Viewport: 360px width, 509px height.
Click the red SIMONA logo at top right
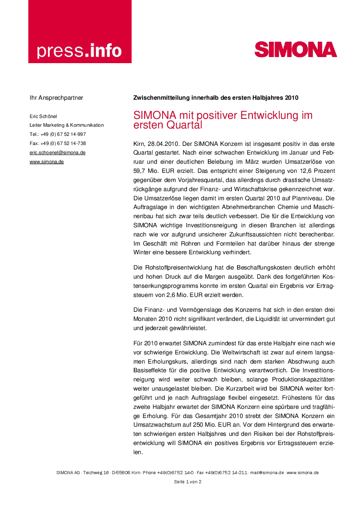[x=295, y=49]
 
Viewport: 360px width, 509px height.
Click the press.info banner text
[x=79, y=51]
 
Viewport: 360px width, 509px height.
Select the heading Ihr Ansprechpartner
[x=56, y=98]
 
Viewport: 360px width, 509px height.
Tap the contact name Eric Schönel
[x=43, y=116]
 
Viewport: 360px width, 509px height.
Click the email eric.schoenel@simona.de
[x=58, y=152]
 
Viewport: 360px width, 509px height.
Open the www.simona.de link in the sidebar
[x=47, y=162]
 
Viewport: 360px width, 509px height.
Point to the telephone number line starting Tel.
[x=58, y=134]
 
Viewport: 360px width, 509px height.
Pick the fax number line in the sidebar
[x=58, y=143]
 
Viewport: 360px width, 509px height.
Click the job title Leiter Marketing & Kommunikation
[x=67, y=125]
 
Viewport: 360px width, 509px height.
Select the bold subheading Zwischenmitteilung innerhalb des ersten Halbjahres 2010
[x=216, y=98]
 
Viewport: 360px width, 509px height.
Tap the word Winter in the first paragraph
[x=143, y=252]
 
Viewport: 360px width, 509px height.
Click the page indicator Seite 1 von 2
[x=187, y=482]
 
